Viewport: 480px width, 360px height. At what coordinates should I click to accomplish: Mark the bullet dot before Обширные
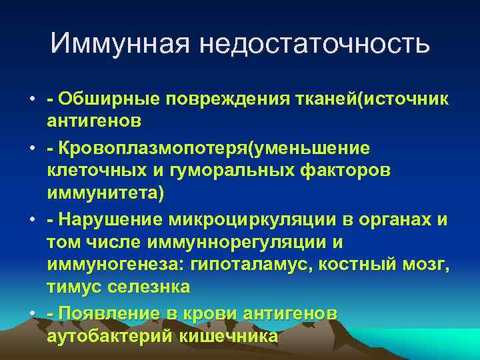(x=31, y=100)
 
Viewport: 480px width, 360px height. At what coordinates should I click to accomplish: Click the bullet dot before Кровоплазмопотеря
(x=31, y=147)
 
